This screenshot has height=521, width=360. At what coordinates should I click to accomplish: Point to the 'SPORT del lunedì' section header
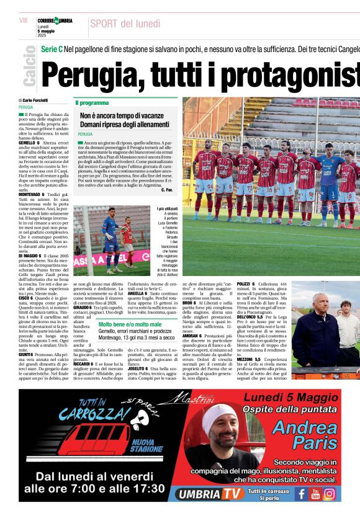125,24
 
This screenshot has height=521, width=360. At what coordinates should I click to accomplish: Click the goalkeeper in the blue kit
328,180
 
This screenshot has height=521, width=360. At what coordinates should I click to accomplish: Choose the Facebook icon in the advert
301,494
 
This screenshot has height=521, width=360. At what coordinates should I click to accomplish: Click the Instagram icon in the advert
329,494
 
